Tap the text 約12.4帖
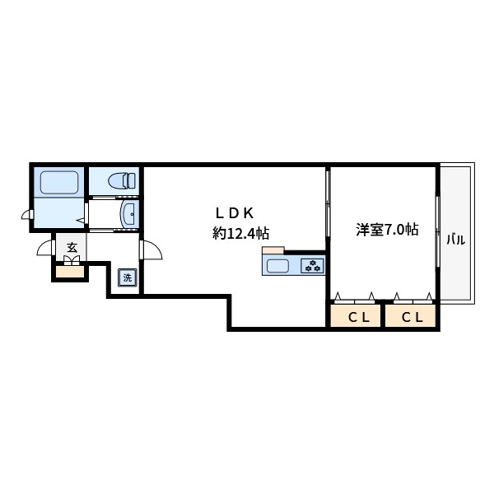240,233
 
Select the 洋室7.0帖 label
387,230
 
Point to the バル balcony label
456,241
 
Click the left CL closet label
357,317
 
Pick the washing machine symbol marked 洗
127,277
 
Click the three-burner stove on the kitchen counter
312,266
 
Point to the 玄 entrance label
72,247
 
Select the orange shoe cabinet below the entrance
70,271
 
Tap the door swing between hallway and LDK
150,249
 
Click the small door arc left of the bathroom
27,217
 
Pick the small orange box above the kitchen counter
273,250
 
